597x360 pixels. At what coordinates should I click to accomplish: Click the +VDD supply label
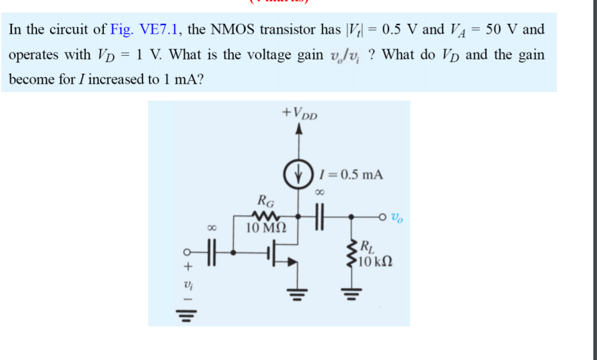[300, 114]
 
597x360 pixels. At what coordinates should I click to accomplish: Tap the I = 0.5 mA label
[350, 174]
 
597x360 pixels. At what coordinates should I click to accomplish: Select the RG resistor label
[266, 201]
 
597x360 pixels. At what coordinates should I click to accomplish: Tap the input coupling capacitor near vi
[211, 253]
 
